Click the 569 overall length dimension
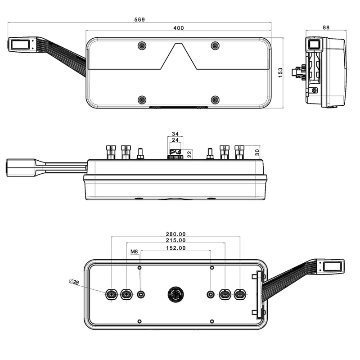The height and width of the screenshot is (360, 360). (x=140, y=19)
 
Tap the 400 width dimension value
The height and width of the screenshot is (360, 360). (x=179, y=28)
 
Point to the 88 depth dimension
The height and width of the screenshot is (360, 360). (x=326, y=27)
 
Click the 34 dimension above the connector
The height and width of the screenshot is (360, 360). (x=175, y=134)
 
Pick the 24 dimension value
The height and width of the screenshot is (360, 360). (x=175, y=140)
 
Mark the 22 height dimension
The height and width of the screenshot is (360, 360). (x=190, y=154)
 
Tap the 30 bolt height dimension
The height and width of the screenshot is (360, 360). (x=257, y=152)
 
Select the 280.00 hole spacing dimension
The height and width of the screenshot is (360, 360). (x=175, y=234)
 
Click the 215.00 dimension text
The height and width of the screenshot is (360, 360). (x=175, y=241)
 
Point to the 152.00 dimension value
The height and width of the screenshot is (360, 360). (x=175, y=248)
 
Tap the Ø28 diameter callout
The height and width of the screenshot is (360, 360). (x=74, y=282)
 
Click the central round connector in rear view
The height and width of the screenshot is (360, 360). (x=175, y=294)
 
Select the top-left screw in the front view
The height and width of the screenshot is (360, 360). (x=142, y=46)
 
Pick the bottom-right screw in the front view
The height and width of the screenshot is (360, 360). (x=215, y=99)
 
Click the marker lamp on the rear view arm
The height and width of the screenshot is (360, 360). (x=332, y=266)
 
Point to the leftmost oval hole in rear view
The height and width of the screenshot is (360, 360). (x=111, y=294)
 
